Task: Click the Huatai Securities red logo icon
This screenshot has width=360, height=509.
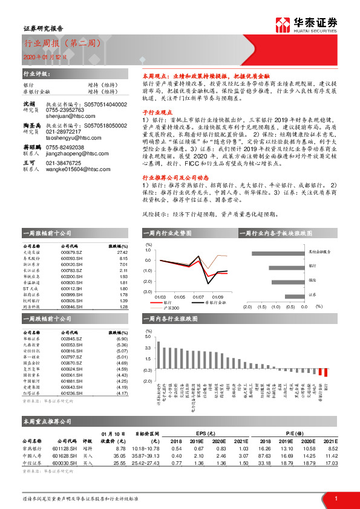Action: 282,25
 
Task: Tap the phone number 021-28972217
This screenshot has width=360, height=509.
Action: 65,148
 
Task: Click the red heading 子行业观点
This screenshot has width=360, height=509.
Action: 154,112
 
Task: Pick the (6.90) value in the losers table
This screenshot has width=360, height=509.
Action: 123,340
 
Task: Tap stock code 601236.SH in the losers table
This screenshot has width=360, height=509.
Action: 72,394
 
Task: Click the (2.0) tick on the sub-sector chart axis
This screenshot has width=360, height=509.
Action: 247,306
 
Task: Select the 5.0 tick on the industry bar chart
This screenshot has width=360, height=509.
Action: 147,337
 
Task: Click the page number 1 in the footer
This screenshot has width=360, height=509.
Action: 335,498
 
